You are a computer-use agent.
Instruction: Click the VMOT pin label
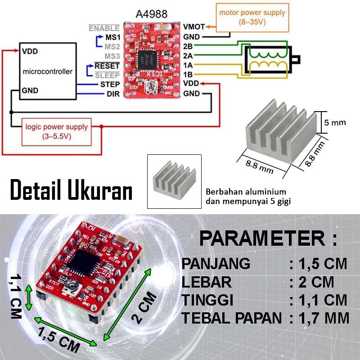(194, 27)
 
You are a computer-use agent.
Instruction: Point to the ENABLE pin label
(104, 28)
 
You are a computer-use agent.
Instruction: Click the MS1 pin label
(112, 37)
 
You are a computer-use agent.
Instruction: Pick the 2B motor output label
(189, 46)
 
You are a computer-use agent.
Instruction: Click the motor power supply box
(252, 17)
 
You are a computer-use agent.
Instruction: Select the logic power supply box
(57, 130)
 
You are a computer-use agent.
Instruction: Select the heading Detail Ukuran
(71, 190)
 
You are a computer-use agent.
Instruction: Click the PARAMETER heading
(268, 238)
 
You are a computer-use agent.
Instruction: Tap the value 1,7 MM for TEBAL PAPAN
(324, 318)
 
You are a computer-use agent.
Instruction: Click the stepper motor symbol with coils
(269, 59)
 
